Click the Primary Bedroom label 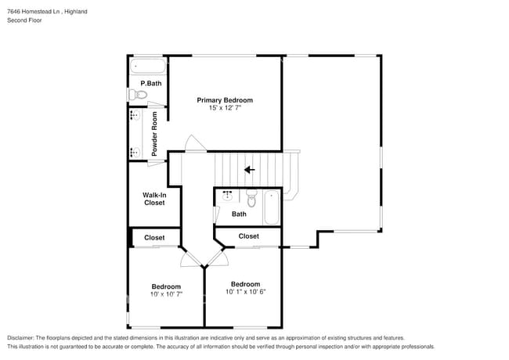225,100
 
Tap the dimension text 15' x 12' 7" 225,109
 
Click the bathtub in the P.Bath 148,66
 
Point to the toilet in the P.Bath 139,95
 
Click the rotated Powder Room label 155,133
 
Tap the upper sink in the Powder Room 135,116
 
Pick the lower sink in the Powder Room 135,153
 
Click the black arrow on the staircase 250,169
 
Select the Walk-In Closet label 154,199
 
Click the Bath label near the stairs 239,214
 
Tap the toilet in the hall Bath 251,196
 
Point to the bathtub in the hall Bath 272,207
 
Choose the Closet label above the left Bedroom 154,237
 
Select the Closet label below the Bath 248,236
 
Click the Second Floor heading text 25,20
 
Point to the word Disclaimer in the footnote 23,337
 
